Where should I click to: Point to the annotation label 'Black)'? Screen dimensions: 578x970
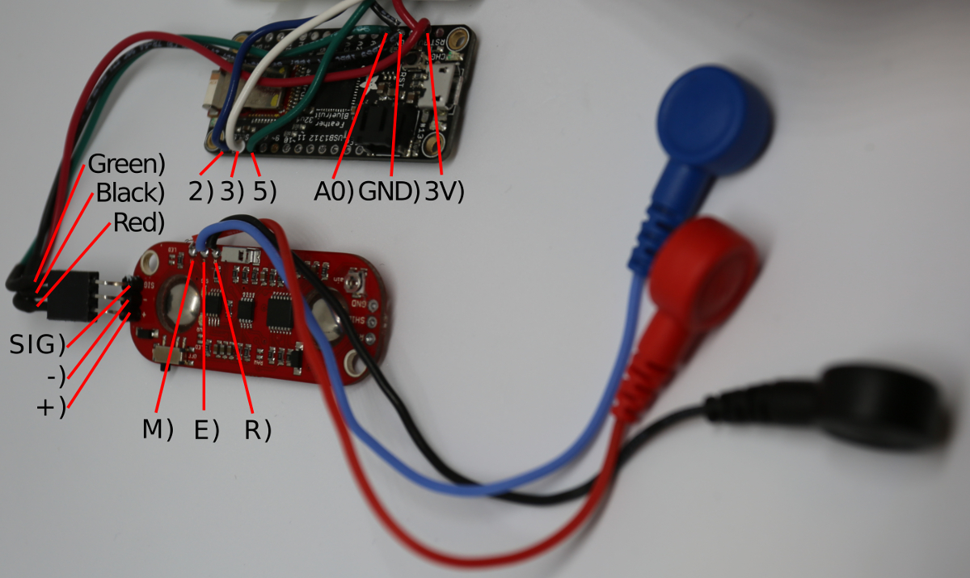(x=130, y=193)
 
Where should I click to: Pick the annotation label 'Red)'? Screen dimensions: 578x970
(x=139, y=221)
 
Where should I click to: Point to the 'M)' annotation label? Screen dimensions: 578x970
(x=158, y=430)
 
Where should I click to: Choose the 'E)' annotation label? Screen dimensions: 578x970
(x=207, y=430)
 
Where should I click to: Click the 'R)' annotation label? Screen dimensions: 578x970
(x=257, y=430)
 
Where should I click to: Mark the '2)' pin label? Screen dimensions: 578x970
(x=200, y=192)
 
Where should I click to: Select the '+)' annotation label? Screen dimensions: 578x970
(x=50, y=407)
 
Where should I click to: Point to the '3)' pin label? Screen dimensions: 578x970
(x=233, y=192)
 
